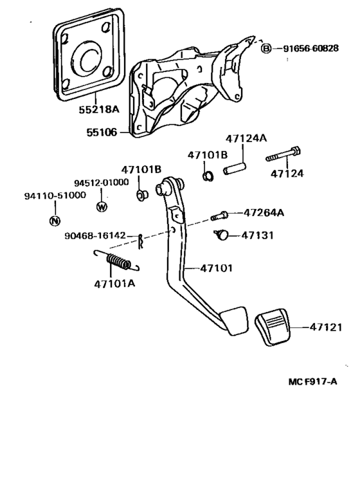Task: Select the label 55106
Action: click(102, 133)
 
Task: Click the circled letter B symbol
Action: click(265, 48)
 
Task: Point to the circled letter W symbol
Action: click(101, 206)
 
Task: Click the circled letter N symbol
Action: click(55, 221)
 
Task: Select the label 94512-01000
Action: click(100, 183)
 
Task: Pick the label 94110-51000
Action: click(55, 196)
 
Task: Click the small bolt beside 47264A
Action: click(218, 217)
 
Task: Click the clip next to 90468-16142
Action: click(141, 240)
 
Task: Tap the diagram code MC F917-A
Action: click(312, 381)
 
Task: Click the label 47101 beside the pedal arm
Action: click(215, 268)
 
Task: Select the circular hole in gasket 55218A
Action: click(87, 58)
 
